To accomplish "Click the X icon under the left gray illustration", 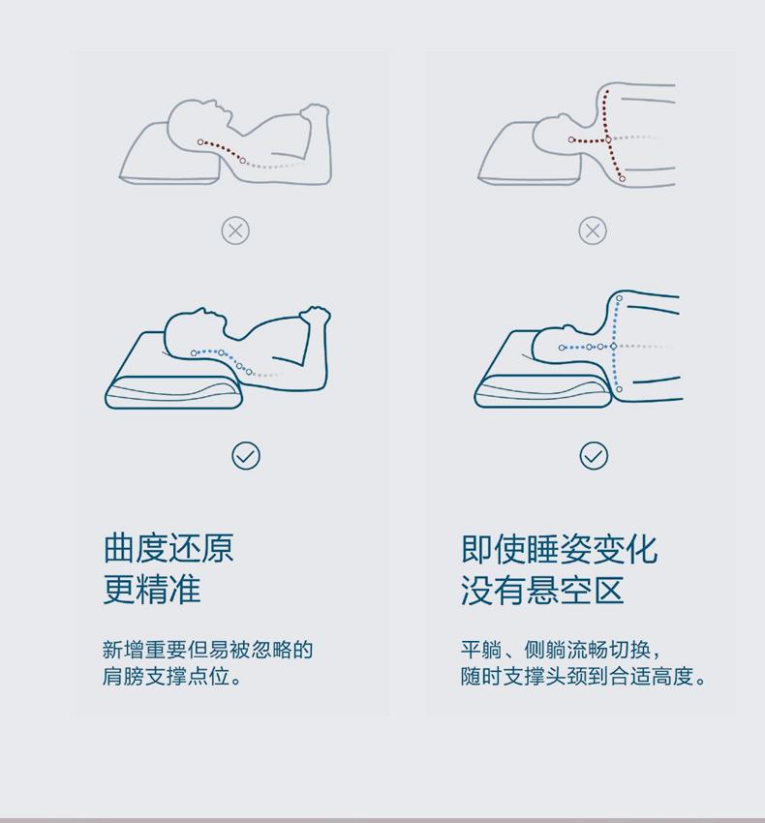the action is (x=235, y=230).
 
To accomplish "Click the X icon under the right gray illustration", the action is (x=593, y=230).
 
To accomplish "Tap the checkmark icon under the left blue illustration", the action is (x=246, y=456).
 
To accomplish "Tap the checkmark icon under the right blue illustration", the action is (x=594, y=456).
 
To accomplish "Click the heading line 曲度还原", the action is (x=168, y=548).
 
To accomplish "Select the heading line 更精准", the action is (x=152, y=590).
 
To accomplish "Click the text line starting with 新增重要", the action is (x=207, y=650).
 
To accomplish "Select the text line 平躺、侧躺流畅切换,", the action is (x=561, y=650).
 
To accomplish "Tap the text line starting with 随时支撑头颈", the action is (x=583, y=676).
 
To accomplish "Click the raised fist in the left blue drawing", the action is (x=314, y=316).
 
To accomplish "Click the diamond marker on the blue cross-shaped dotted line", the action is (x=613, y=347).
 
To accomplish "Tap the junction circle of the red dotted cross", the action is (x=608, y=139).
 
